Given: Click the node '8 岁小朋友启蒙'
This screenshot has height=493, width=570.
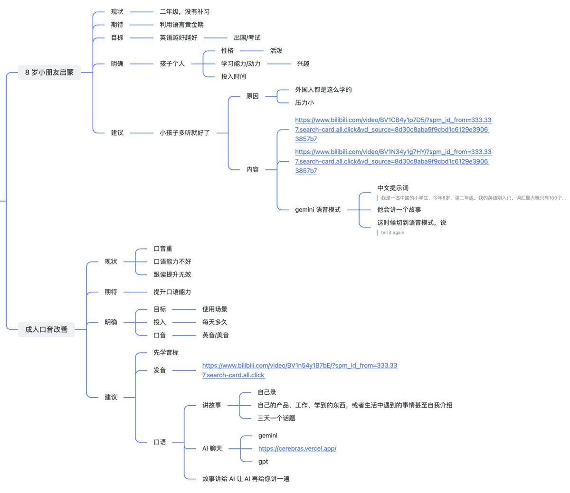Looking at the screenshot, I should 49,73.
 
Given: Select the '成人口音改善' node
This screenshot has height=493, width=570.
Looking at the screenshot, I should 46,329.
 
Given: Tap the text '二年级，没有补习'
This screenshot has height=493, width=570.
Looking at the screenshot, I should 184,12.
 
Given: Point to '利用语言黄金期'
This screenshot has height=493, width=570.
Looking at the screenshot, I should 181,25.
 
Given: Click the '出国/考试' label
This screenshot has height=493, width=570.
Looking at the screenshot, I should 247,37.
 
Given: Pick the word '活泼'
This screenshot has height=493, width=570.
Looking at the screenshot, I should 276,51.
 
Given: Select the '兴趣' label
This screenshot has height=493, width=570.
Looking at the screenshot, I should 303,64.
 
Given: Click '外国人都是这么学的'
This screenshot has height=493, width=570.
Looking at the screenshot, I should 323,90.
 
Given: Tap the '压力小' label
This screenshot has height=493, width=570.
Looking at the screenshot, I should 304,102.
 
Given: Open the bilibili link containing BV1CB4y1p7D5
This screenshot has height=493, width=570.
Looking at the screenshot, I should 392,130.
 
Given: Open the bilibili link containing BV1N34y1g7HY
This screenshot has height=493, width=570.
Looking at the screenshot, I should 392,161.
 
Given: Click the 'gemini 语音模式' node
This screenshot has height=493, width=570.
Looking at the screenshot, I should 318,210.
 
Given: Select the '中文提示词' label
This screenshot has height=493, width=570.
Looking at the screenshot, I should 393,188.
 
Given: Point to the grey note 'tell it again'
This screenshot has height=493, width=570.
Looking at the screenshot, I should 392,233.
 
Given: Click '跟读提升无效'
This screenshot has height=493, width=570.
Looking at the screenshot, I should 172,275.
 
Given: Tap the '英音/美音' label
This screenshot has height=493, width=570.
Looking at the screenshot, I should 216,335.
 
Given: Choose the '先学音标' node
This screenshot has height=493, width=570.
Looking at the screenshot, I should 166,353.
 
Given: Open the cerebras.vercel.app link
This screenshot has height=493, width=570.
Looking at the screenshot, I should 297,448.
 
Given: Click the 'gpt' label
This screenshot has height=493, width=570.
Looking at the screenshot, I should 263,462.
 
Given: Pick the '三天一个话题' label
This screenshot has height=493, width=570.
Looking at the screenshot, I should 276,418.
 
